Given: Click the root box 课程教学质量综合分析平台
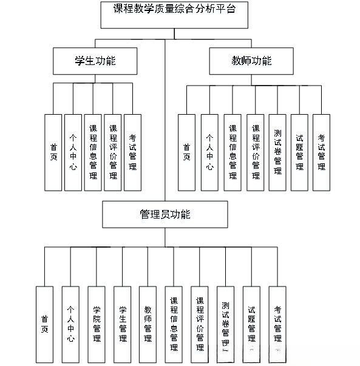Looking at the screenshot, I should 175,15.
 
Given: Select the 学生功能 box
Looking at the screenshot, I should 95,61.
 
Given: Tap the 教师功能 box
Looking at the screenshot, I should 251,61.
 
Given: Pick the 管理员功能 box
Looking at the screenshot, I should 165,215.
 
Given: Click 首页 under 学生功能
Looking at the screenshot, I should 53,152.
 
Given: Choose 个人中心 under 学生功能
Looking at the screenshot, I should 73,152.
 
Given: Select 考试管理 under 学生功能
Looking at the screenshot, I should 132,152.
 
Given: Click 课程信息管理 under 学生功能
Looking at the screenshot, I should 93,152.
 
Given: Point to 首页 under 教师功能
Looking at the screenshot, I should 186,152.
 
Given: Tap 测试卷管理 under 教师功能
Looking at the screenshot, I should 277,152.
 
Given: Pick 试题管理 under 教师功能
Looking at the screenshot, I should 299,152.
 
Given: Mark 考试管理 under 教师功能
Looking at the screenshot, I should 321,152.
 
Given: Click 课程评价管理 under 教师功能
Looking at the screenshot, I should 255,152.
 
